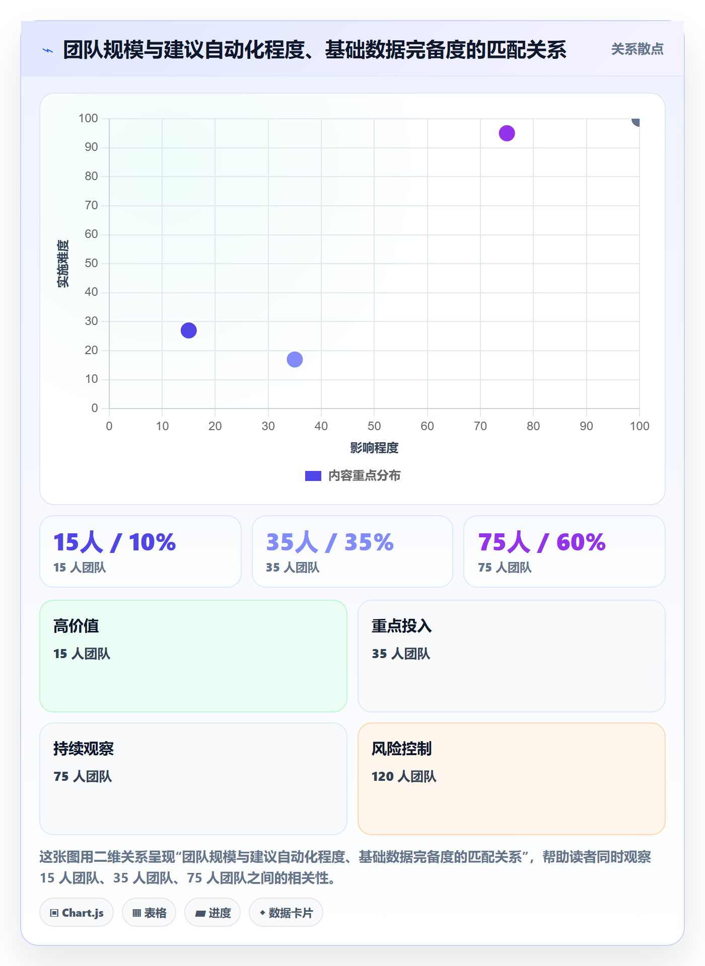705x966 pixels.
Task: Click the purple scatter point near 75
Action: click(507, 133)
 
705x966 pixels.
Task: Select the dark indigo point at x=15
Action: click(188, 331)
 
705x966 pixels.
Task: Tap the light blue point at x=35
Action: click(295, 359)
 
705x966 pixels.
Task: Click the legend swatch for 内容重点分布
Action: click(313, 476)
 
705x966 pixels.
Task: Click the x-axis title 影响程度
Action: click(374, 448)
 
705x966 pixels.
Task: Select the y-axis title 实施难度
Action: click(63, 264)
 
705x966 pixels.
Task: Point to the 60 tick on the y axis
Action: click(91, 234)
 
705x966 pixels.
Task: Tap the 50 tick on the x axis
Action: click(374, 426)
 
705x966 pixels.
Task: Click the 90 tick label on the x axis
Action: click(586, 426)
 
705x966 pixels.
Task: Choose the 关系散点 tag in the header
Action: click(637, 49)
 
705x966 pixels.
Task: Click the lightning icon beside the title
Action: click(48, 50)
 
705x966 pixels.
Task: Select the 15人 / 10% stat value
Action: click(114, 542)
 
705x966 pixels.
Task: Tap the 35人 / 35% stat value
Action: click(330, 542)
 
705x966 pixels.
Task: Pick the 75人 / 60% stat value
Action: click(542, 542)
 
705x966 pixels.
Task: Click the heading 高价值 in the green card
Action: click(76, 626)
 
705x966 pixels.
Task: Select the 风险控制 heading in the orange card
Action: click(401, 749)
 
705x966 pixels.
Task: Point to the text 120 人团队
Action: click(404, 776)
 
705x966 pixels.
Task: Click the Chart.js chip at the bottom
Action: click(77, 913)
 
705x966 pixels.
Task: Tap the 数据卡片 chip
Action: click(286, 913)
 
